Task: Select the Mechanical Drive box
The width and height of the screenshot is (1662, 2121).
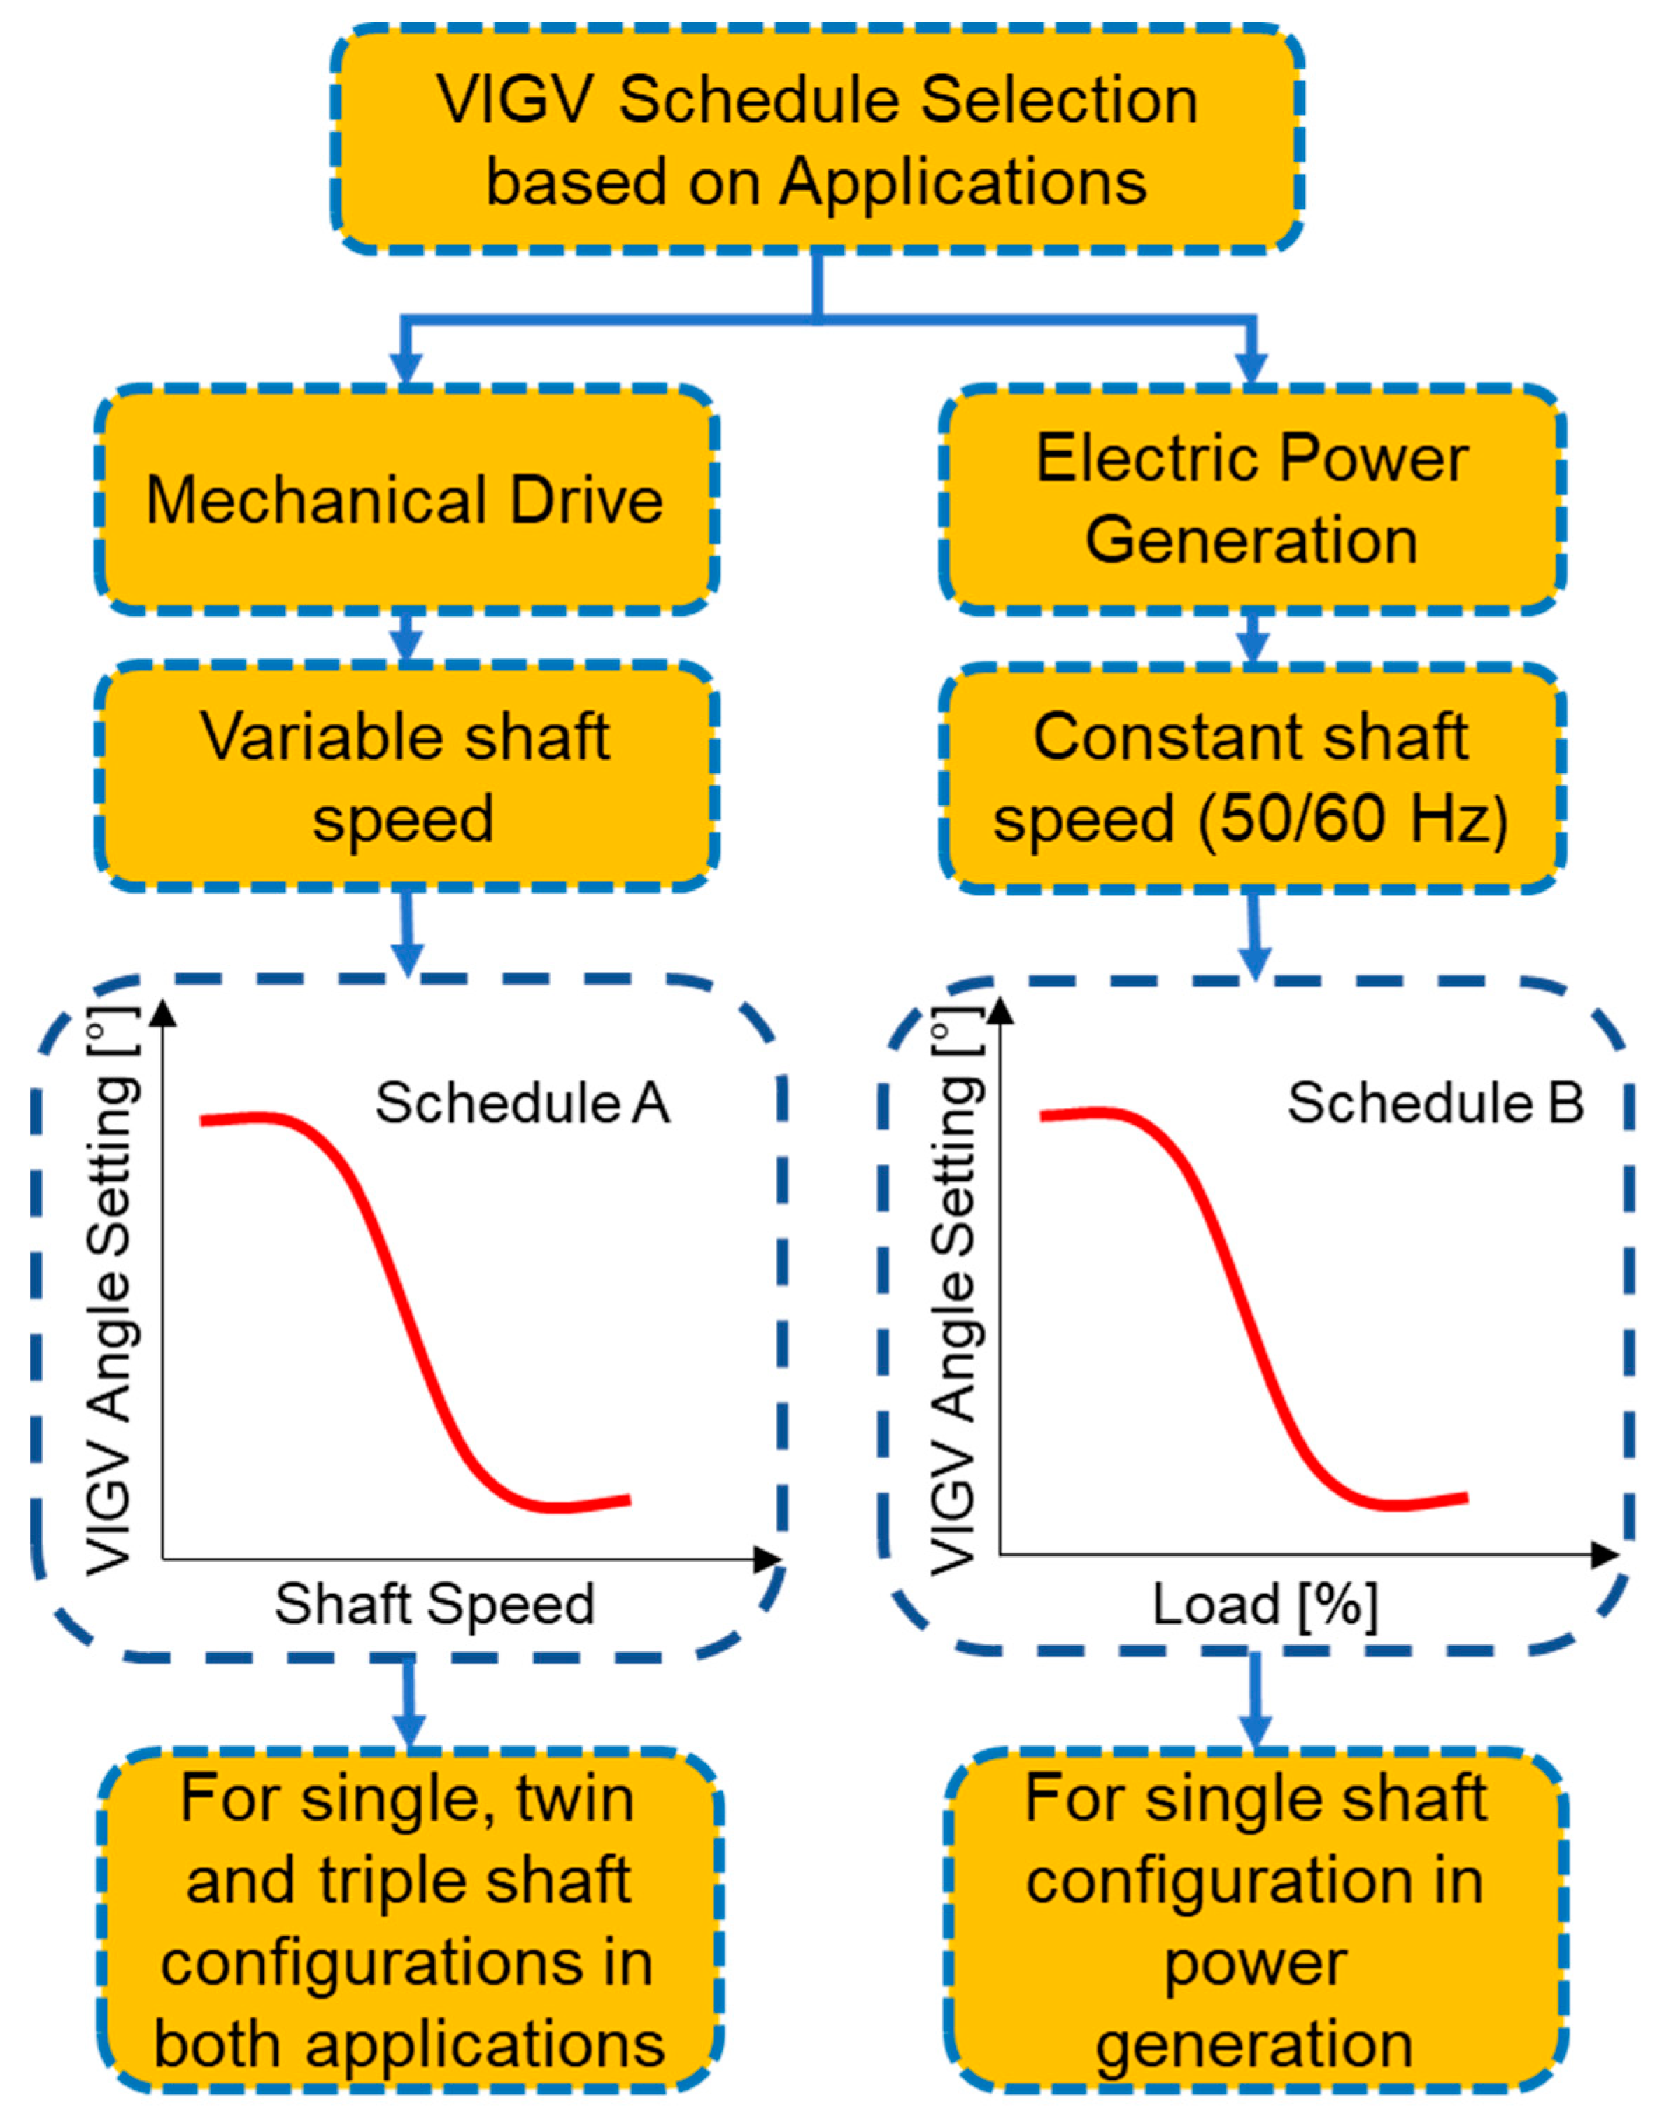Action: coord(406,500)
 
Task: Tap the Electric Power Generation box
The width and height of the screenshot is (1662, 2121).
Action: coord(1251,500)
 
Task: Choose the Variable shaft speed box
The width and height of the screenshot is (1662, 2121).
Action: coord(406,776)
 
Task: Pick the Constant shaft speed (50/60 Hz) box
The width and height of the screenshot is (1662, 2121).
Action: coord(1251,777)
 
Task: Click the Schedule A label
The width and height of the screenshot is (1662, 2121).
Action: coord(523,1104)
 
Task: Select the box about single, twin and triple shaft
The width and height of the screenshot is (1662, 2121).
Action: coord(409,1922)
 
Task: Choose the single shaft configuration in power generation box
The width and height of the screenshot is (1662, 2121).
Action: coord(1256,1922)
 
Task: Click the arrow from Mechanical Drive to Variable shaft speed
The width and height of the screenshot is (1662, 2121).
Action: coord(409,637)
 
